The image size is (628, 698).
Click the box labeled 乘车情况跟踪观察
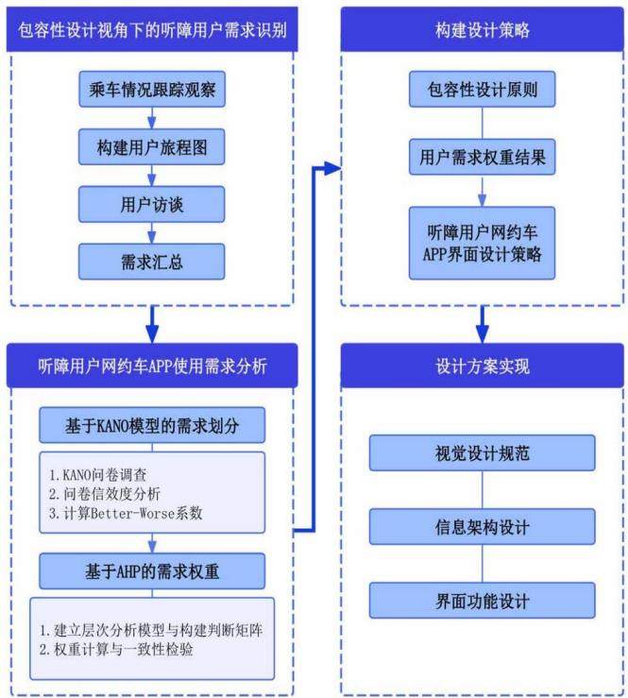[152, 89]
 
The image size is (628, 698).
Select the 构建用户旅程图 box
[152, 147]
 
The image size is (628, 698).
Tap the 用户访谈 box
[152, 204]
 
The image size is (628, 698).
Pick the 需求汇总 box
[152, 262]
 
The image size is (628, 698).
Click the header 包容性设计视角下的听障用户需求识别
[152, 30]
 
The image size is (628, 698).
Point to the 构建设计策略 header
[482, 30]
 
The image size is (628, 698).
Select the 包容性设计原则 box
[482, 89]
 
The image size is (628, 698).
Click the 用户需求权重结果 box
[482, 157]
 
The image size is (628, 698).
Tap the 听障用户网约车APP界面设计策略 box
[482, 243]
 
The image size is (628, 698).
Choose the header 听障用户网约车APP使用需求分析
[152, 366]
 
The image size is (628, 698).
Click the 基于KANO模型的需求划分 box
[152, 425]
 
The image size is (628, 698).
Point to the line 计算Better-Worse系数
[126, 513]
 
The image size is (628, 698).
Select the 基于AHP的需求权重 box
[152, 571]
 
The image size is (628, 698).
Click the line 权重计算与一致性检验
[116, 650]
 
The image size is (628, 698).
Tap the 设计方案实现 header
[482, 366]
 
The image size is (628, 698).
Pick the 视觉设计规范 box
[482, 453]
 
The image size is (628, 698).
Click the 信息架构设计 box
[482, 527]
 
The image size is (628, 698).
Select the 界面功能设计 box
[482, 601]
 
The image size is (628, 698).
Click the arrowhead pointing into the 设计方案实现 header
[482, 333]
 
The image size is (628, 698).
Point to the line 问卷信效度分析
[105, 494]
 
